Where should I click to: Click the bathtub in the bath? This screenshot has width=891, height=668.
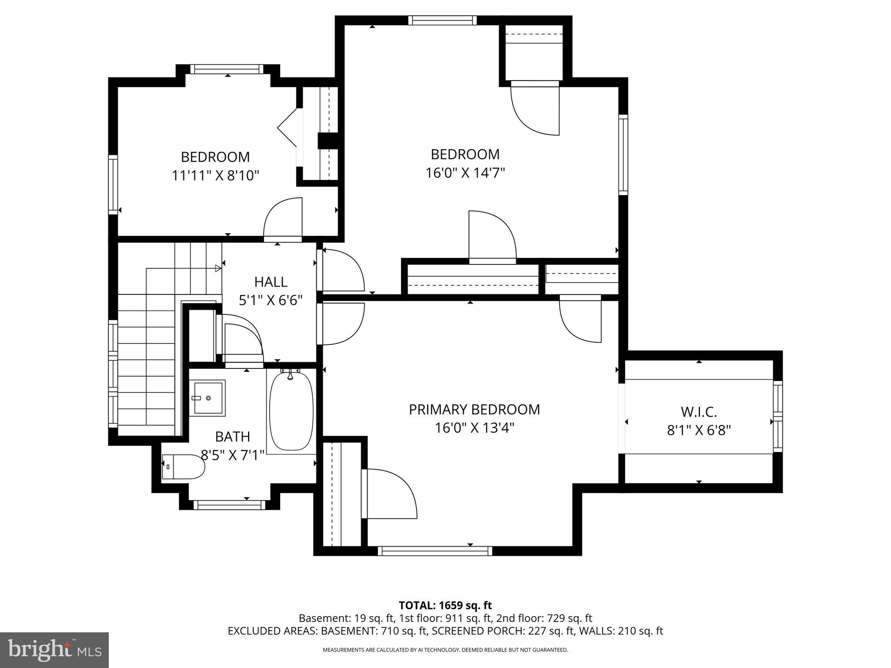click(x=291, y=411)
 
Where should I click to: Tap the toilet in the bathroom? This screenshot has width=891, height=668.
click(x=184, y=467)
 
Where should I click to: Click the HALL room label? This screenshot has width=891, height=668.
click(x=271, y=282)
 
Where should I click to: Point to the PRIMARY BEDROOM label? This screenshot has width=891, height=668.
click(x=474, y=409)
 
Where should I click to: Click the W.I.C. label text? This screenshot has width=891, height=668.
click(x=698, y=411)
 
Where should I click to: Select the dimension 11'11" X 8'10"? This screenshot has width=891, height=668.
click(x=215, y=176)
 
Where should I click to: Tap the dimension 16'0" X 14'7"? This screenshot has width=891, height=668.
click(x=465, y=173)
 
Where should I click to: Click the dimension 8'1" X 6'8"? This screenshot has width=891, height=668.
click(x=699, y=430)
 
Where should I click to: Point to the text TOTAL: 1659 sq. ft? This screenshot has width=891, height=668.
click(x=445, y=605)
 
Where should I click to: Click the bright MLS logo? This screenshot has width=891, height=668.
click(x=54, y=650)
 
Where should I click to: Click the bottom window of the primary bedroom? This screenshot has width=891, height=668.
click(x=435, y=551)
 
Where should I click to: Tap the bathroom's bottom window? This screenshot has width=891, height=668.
click(x=229, y=504)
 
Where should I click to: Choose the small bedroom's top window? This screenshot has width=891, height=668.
click(x=227, y=69)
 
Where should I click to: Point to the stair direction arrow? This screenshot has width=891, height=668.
click(x=218, y=268)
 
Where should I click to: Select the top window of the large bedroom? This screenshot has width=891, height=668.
click(x=442, y=20)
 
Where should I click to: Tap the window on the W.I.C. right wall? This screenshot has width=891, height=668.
click(x=777, y=417)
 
